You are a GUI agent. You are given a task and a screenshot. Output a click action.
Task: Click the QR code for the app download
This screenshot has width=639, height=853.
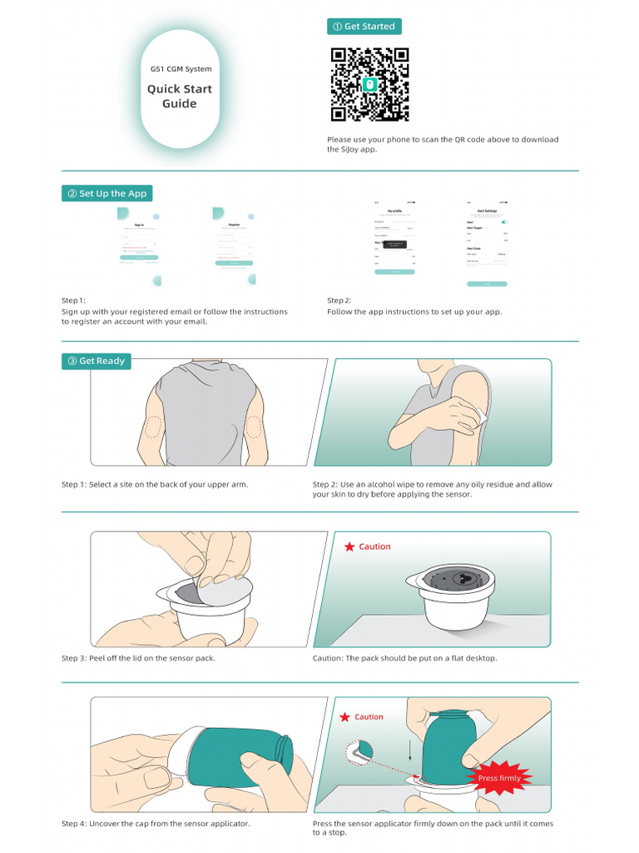[370, 84]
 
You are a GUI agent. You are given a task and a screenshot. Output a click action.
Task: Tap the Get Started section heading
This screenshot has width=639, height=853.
[364, 27]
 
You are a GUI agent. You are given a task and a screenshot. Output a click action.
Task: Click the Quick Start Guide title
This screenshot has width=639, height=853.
[180, 97]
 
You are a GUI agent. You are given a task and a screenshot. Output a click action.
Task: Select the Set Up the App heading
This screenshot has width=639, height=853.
[107, 193]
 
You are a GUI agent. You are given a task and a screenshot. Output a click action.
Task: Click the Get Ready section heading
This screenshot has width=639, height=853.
[97, 361]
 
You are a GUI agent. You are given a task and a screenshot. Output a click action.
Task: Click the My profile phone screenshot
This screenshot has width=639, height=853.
[394, 242]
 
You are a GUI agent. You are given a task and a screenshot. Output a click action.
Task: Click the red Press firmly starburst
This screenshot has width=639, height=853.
[499, 778]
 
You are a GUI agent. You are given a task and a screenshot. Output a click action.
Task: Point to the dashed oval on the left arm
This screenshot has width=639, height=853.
[152, 426]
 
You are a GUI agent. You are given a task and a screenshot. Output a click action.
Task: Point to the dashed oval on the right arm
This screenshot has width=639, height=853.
[255, 426]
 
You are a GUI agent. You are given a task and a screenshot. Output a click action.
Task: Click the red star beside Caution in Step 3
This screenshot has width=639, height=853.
[349, 546]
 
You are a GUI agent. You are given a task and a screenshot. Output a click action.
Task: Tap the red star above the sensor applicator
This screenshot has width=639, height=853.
[344, 716]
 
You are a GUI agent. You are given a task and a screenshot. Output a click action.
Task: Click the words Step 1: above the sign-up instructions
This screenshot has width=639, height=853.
[74, 300]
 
